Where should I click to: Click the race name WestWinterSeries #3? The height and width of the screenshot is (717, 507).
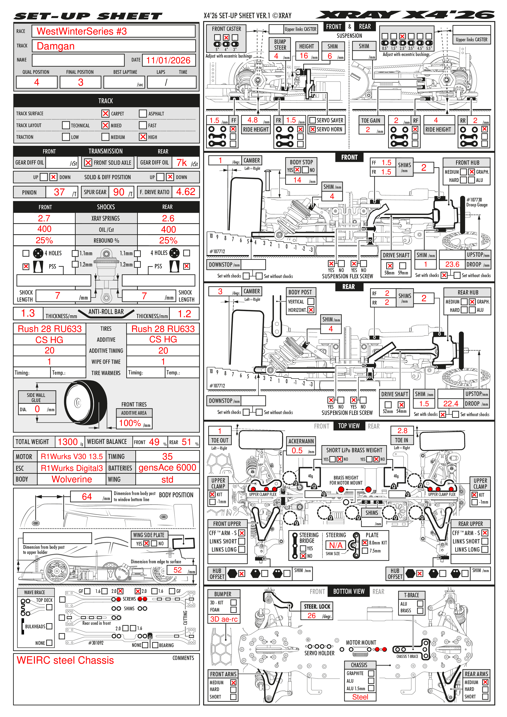click(82, 31)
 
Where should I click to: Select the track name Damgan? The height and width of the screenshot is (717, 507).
click(56, 46)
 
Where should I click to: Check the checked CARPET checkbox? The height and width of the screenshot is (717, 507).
click(105, 113)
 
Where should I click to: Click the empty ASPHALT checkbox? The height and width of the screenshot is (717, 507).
click(143, 113)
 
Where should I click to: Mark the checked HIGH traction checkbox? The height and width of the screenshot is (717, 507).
click(143, 137)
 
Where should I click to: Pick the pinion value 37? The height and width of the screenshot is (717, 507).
click(59, 192)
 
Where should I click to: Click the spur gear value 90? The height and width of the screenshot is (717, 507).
click(119, 192)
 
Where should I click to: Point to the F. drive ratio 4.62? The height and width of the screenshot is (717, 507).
click(186, 192)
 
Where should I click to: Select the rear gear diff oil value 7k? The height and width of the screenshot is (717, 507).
click(182, 163)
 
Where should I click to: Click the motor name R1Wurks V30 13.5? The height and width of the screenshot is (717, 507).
click(72, 457)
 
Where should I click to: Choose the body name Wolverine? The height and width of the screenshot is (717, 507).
click(72, 479)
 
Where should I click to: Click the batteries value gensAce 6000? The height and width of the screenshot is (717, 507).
click(167, 468)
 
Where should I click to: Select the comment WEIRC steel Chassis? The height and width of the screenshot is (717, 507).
click(65, 660)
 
